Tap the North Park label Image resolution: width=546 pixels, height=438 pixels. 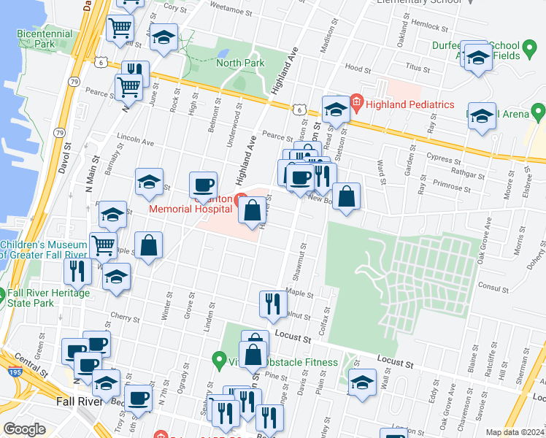tap(240, 63)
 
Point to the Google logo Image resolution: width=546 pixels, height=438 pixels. tap(25, 429)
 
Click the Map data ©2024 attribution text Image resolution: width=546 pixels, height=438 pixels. tap(515, 432)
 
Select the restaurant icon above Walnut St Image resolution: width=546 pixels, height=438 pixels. tap(273, 303)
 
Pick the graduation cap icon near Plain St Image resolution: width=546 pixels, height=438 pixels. tap(362, 382)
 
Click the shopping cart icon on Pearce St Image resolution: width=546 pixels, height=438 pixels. tap(128, 86)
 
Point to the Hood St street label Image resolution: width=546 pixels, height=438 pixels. tap(358, 68)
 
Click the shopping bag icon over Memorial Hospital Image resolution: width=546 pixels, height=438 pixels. tap(252, 210)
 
